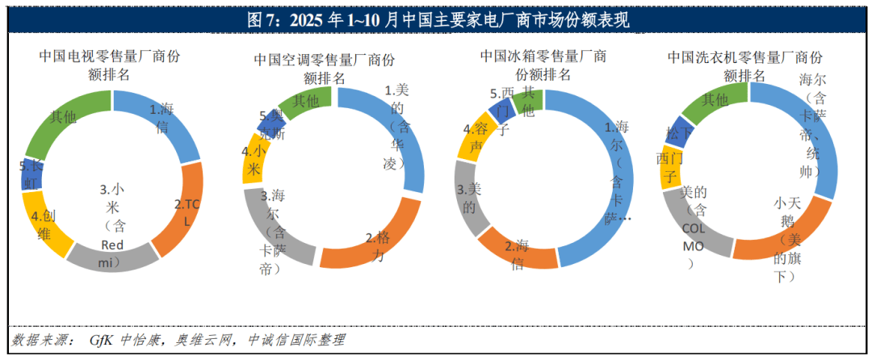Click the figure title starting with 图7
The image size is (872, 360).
436,19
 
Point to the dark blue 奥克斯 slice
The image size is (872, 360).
269,123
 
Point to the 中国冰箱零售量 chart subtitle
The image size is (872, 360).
543,57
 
